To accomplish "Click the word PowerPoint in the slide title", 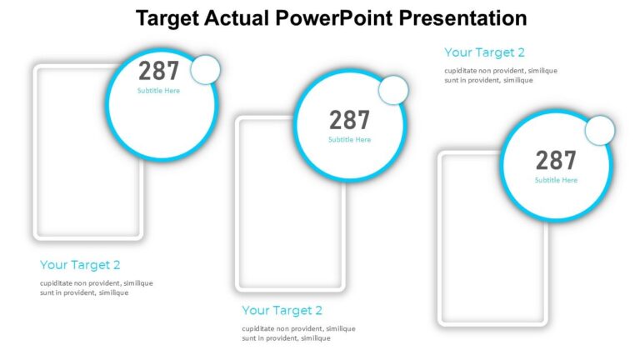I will click(343, 18).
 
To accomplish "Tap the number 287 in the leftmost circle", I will click(158, 71).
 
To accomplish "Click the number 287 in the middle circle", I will click(349, 120).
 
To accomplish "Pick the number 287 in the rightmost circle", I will click(556, 160).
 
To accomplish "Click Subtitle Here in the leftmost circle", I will click(158, 91).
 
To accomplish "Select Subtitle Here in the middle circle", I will click(349, 140).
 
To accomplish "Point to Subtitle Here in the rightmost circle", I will click(556, 180).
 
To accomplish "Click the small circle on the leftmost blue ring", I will click(205, 69).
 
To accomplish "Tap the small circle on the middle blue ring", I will click(393, 90).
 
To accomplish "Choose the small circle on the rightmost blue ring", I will click(599, 131).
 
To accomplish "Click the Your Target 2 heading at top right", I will click(484, 52).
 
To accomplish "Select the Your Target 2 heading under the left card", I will click(80, 265).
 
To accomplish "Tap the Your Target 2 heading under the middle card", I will click(282, 311).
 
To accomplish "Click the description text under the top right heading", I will click(500, 75).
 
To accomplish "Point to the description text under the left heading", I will click(96, 287).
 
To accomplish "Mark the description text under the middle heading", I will click(298, 333).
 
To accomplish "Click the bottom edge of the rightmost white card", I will click(492, 324).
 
